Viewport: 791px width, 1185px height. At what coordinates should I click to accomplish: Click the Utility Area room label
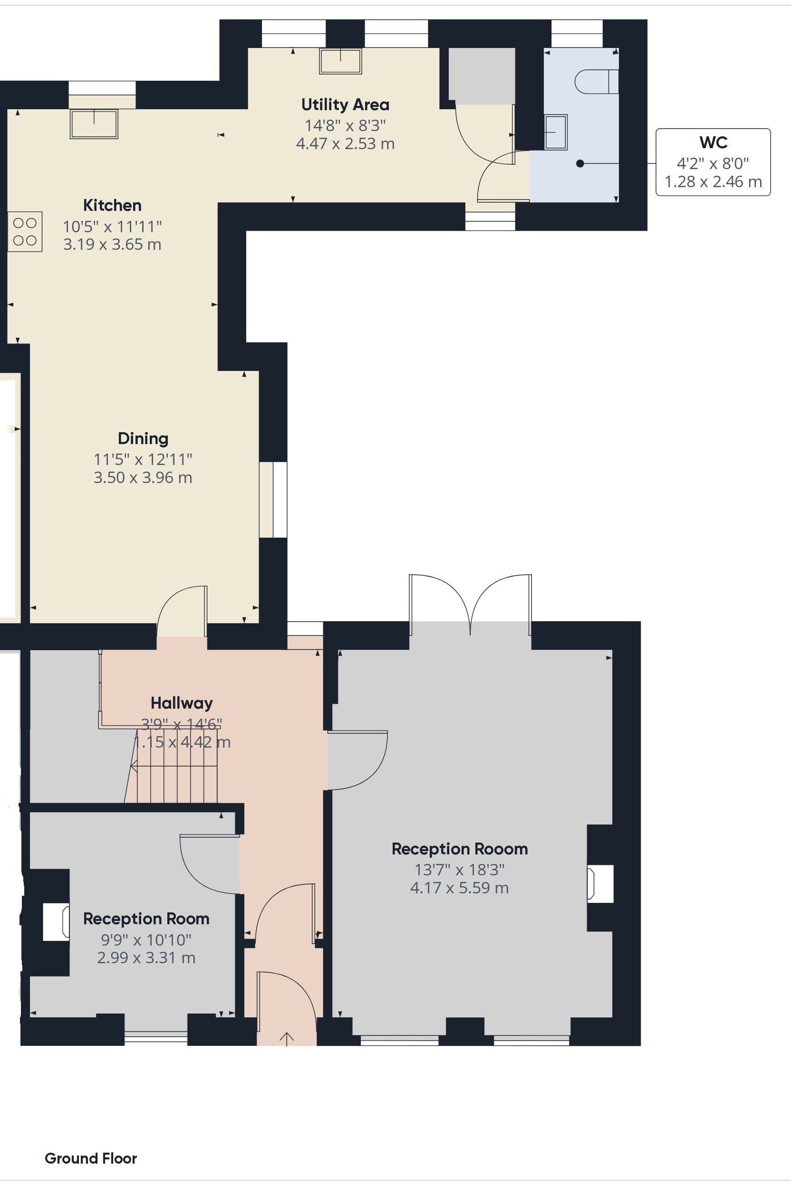tap(345, 105)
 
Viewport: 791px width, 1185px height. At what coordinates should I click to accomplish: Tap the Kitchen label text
tap(112, 205)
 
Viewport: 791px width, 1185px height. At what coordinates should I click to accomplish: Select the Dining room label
tap(143, 438)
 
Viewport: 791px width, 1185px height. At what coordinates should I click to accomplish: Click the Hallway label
tap(182, 703)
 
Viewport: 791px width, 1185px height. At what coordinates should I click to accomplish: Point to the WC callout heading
tap(714, 142)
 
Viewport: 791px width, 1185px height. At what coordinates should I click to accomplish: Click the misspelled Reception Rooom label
tap(460, 849)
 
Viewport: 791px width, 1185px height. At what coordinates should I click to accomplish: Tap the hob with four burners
tap(25, 231)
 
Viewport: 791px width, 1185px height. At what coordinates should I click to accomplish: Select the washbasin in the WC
tap(555, 132)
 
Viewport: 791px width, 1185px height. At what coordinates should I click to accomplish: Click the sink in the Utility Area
tap(340, 61)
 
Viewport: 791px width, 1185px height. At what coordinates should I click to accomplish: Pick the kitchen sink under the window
tap(94, 124)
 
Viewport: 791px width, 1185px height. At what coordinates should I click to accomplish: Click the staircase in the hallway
tap(172, 765)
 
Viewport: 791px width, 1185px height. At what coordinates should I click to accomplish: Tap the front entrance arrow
tap(287, 1039)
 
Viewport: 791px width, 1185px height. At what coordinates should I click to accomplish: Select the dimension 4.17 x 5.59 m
tap(460, 888)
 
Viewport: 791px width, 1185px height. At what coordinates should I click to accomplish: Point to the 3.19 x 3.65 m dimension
tap(112, 245)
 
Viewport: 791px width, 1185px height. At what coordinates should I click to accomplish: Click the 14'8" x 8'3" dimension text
tap(345, 125)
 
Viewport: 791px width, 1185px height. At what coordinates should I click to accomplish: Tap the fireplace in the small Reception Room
tap(56, 922)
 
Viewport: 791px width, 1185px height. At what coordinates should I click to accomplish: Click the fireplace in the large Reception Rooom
tap(600, 883)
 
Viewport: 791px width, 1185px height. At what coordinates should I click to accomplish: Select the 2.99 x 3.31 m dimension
tap(146, 957)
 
